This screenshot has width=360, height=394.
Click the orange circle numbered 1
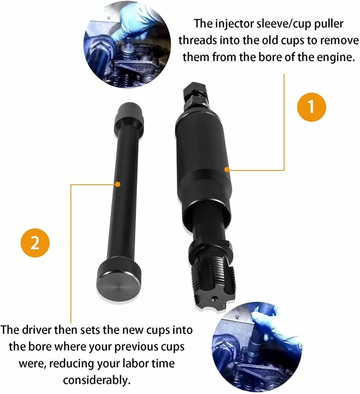(x=310, y=107)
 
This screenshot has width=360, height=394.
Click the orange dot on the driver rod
(x=118, y=184)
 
